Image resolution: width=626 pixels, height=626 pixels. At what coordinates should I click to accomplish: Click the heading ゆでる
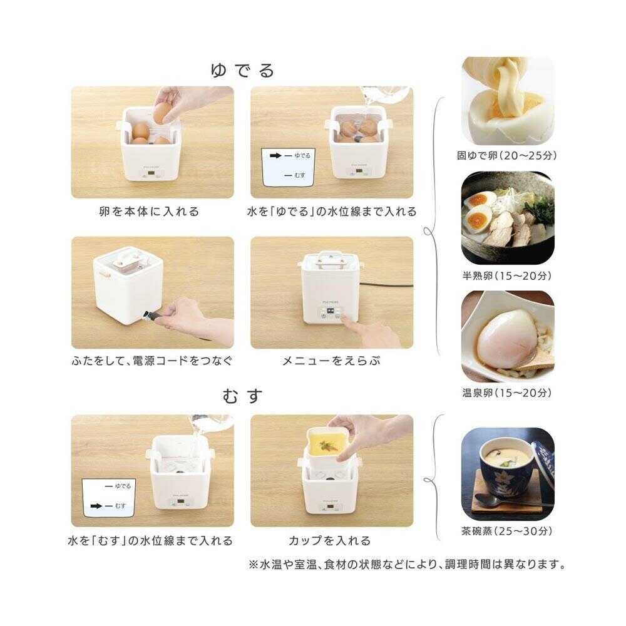243,71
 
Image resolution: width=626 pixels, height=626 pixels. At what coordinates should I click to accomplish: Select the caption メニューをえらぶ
332,361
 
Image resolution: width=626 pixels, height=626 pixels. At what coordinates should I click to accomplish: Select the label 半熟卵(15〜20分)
508,275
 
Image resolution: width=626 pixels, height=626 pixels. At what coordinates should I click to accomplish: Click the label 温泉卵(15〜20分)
508,393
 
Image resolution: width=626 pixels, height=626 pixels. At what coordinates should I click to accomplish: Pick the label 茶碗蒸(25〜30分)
508,533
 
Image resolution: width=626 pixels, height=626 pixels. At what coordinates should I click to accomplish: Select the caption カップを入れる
330,540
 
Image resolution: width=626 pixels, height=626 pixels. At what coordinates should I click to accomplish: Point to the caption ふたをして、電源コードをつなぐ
152,361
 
